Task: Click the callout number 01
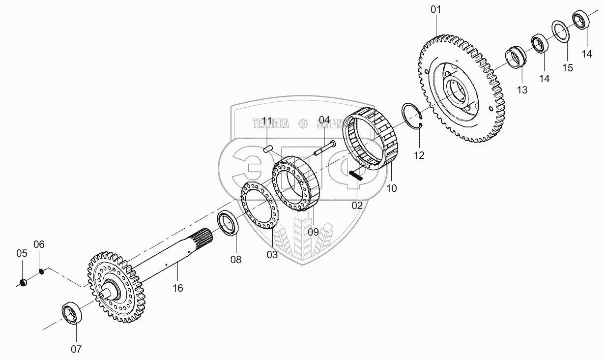[x=436, y=10]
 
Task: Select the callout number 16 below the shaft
[x=177, y=288]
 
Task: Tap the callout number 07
[x=76, y=350]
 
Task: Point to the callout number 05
[x=22, y=254]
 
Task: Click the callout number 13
[x=522, y=90]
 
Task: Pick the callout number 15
[x=568, y=68]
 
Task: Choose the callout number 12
[x=418, y=155]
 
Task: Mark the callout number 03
[x=272, y=255]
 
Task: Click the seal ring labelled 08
[x=229, y=223]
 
